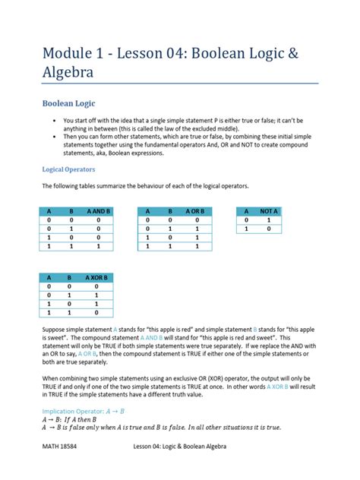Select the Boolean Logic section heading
[x=68, y=103]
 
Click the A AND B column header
[x=98, y=211]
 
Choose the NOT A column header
[x=269, y=211]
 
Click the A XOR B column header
[x=98, y=279]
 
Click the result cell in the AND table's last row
[x=98, y=246]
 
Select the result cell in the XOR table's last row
[x=98, y=313]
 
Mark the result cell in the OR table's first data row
[x=196, y=219]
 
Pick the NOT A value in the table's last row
[x=269, y=229]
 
